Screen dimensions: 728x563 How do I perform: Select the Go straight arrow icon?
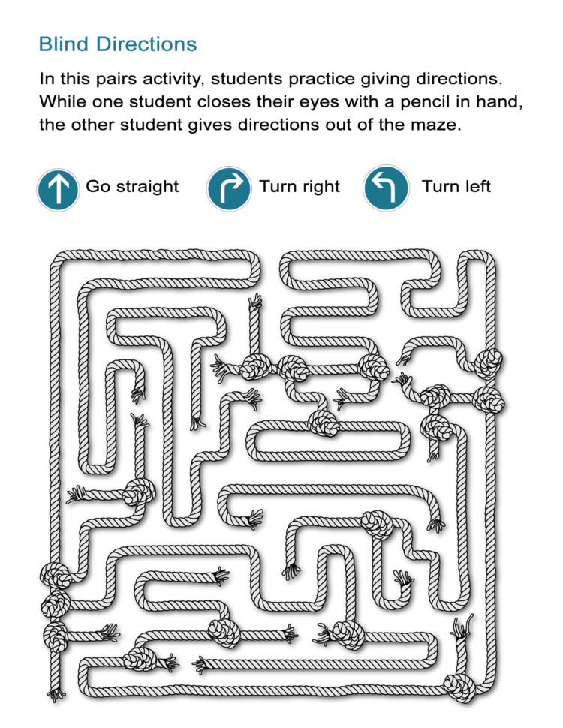(x=58, y=188)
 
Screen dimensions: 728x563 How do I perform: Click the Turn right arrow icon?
(x=229, y=188)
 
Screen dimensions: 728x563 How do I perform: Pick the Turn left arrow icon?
(x=386, y=188)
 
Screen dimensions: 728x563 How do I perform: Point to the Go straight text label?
(x=132, y=186)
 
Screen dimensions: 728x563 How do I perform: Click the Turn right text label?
(x=300, y=186)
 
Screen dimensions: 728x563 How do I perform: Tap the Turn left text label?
(x=456, y=186)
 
